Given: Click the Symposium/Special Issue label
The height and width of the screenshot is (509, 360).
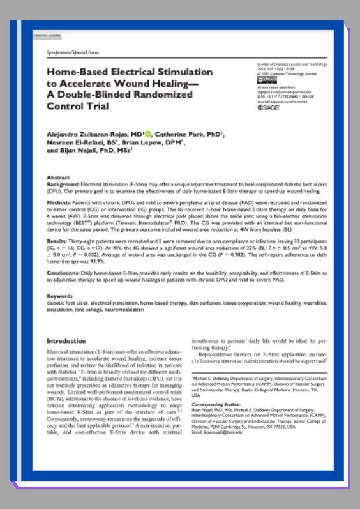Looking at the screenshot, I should [x=68, y=50].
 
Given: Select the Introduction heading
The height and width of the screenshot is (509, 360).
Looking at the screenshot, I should [x=66, y=341].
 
